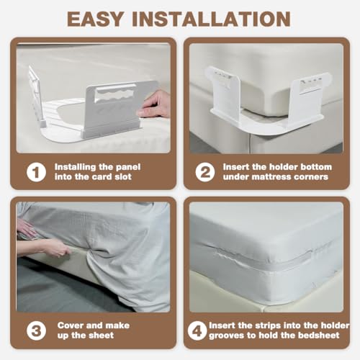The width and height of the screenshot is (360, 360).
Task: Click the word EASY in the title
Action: tap(95, 19)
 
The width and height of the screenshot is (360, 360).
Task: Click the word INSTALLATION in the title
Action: tap(212, 19)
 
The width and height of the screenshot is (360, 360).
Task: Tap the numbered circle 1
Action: tap(36, 172)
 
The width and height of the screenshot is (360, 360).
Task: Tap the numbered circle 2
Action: tap(205, 172)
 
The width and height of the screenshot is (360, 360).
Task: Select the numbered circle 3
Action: tap(36, 330)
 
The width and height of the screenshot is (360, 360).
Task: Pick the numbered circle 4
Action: tap(197, 330)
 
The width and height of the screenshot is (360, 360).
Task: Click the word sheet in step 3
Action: tap(102, 336)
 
